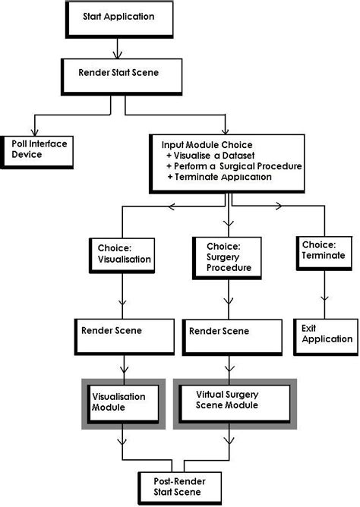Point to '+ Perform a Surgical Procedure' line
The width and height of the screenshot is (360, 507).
[234, 165]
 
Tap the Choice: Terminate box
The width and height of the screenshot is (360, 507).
[325, 251]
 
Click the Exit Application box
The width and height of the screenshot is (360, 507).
[326, 333]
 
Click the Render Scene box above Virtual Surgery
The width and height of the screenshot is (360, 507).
[229, 332]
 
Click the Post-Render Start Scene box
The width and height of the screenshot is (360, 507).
[176, 486]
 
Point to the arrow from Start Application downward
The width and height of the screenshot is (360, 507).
[116, 47]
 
